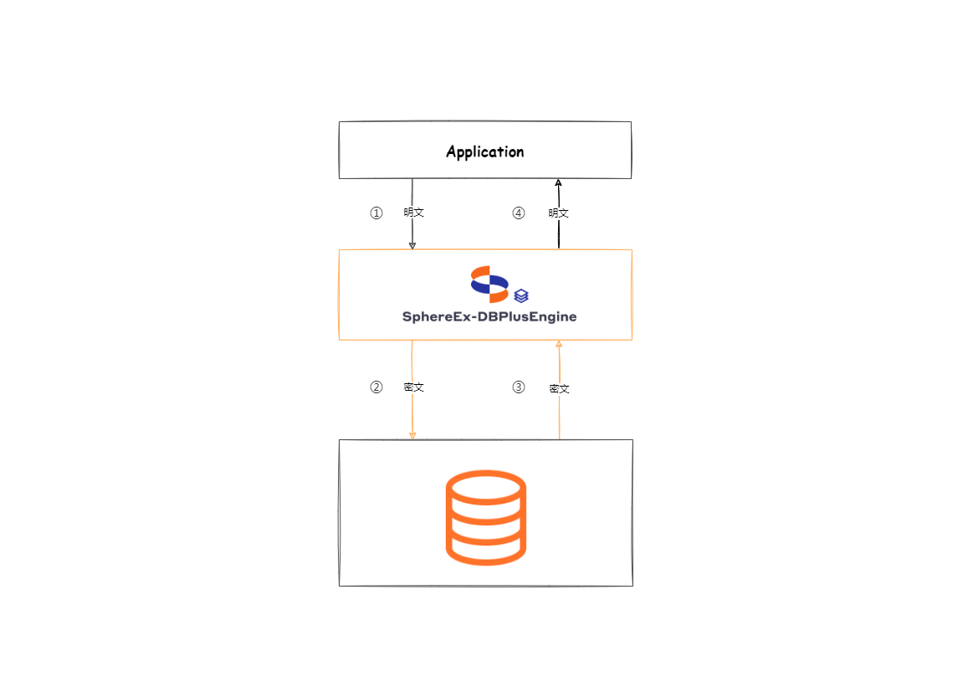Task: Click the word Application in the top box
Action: coord(484,151)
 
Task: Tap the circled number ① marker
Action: coord(376,213)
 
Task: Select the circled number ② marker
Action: coord(376,387)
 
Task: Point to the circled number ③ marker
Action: coord(519,387)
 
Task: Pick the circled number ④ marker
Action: coord(519,213)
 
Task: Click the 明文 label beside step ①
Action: coord(413,213)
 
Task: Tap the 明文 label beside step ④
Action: coord(559,213)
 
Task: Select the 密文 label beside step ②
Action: coord(413,387)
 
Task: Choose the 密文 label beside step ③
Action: coord(559,389)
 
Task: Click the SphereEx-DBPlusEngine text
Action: coord(489,317)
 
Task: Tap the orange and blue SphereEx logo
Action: coord(489,284)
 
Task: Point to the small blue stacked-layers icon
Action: coord(521,295)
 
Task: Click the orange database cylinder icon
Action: coord(485,516)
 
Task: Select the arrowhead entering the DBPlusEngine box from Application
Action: coord(412,245)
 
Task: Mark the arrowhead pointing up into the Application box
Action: coord(558,182)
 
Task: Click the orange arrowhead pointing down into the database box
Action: coord(412,435)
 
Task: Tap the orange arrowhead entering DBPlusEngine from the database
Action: coord(559,344)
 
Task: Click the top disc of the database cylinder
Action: coord(485,486)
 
